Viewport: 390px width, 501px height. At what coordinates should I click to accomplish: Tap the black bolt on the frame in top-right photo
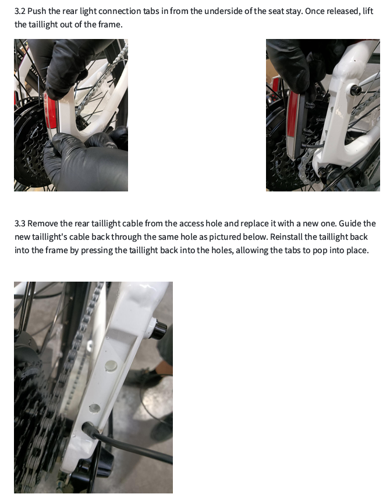[354, 90]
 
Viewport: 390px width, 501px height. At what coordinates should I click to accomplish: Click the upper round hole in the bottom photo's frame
[110, 366]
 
